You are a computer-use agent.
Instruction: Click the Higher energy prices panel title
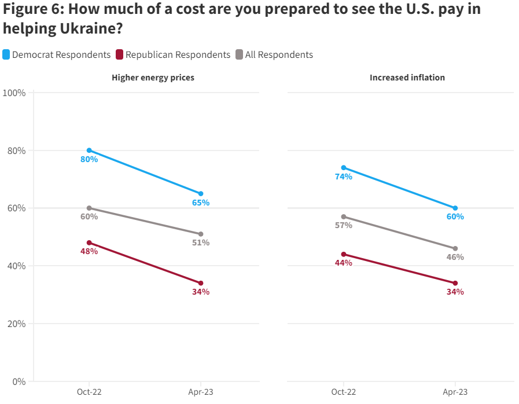[x=153, y=78]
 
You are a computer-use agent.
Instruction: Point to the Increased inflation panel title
[x=407, y=78]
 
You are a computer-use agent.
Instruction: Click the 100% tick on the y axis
[x=14, y=93]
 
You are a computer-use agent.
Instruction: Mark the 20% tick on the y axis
[x=16, y=324]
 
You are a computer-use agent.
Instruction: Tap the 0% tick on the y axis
[x=19, y=381]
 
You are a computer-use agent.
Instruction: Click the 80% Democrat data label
[x=89, y=159]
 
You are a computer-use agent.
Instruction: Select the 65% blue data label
[x=201, y=203]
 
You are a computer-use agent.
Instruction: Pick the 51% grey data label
[x=201, y=243]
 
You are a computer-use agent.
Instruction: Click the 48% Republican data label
[x=89, y=251]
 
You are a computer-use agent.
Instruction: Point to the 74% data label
[x=344, y=177]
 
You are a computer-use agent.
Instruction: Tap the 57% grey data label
[x=344, y=225]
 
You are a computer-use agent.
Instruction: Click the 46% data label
[x=455, y=257]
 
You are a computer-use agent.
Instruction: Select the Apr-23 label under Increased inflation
[x=455, y=392]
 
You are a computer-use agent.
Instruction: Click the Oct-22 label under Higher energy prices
[x=89, y=392]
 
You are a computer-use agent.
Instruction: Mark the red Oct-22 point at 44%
[x=344, y=254]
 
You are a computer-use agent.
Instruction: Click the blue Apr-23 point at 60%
[x=455, y=208]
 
